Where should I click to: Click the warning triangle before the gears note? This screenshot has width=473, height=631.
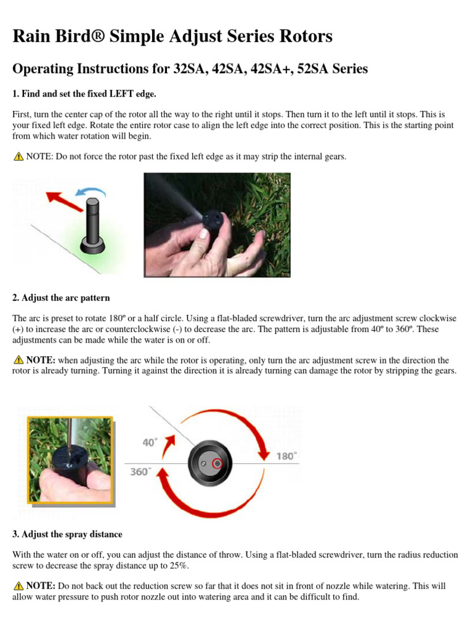18,157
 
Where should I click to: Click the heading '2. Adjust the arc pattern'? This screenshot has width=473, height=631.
61,298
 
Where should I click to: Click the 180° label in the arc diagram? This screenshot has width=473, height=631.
286,455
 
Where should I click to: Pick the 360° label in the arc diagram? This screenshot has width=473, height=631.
139,472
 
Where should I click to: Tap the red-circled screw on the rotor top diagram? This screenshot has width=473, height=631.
217,463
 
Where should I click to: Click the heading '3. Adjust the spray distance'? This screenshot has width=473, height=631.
67,534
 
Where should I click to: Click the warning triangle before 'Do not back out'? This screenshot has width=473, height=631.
18,586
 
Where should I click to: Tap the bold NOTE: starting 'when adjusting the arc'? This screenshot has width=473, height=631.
41,360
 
